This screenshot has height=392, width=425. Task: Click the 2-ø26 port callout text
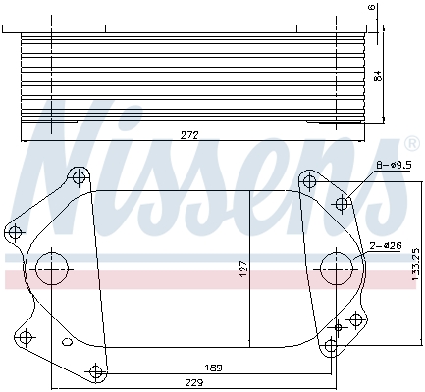(384, 246)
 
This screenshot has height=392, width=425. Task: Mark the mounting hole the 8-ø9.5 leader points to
(343, 204)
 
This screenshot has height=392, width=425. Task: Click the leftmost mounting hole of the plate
(13, 232)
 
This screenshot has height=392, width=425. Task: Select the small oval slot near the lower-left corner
(66, 343)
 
